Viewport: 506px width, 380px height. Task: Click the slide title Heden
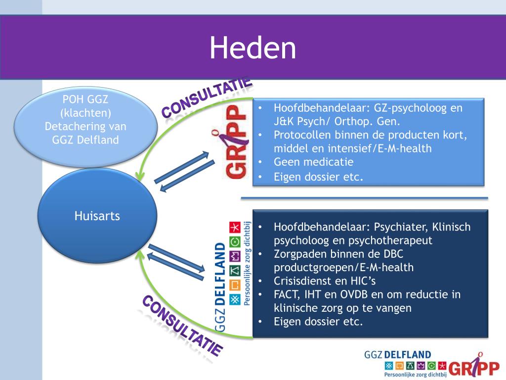[x=253, y=48]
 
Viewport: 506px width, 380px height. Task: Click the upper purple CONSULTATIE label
[x=207, y=98]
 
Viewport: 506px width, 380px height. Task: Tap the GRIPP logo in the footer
[x=474, y=365]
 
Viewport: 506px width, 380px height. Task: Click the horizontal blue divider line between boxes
[x=364, y=198]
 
